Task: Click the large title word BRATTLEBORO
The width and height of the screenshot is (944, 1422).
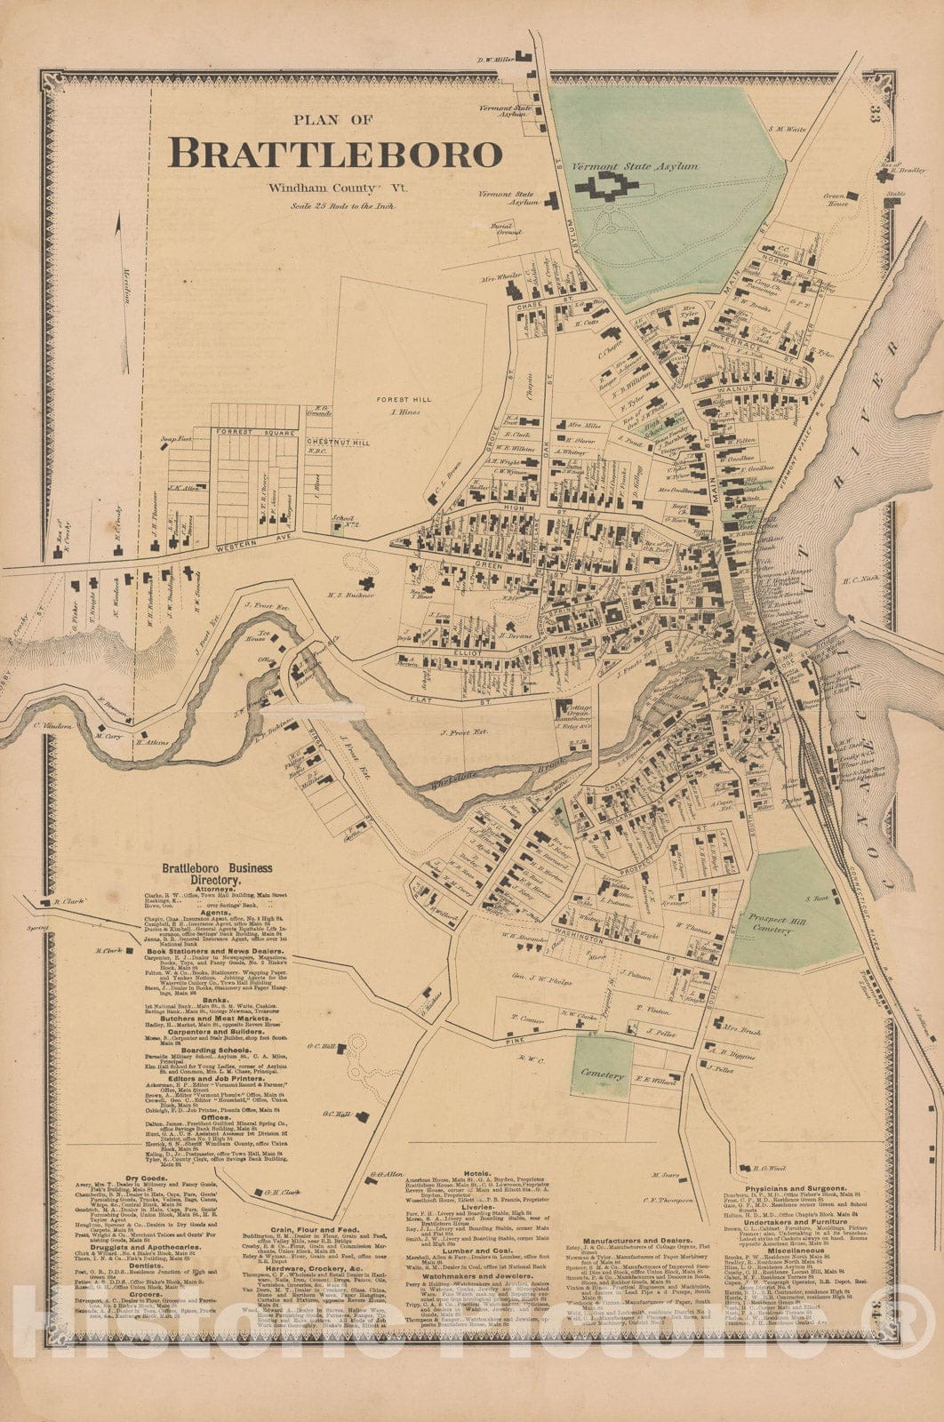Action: (335, 153)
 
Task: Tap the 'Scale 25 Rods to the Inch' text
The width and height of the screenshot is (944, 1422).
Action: (341, 206)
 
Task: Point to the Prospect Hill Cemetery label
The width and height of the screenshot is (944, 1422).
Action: (769, 923)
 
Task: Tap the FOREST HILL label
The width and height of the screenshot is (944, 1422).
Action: (404, 400)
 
